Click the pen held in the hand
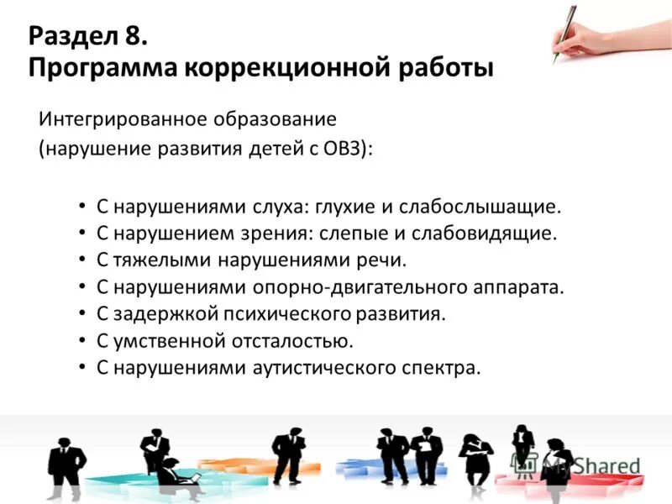(564, 32)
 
